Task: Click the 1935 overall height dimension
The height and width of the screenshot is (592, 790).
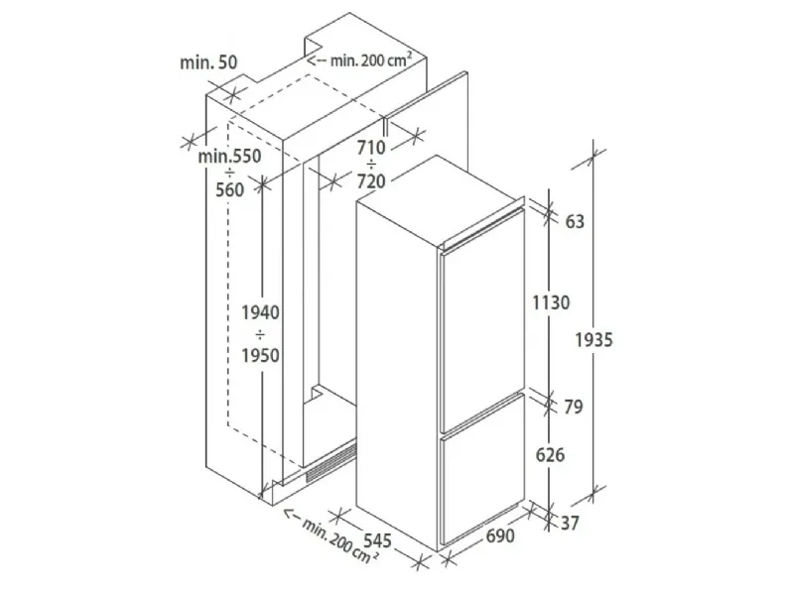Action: click(x=594, y=340)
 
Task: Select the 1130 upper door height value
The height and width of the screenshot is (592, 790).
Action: click(x=551, y=302)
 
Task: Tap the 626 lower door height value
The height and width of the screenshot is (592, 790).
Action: click(x=550, y=455)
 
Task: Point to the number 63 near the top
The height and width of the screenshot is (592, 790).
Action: click(x=575, y=221)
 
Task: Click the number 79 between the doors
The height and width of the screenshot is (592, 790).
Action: click(x=574, y=407)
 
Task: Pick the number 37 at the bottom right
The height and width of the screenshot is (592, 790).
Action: click(x=570, y=523)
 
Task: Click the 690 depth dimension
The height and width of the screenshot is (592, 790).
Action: click(x=500, y=535)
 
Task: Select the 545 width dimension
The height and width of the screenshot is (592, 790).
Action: click(x=377, y=540)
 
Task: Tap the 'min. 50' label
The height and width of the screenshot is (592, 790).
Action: click(x=208, y=62)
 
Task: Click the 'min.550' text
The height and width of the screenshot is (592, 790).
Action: click(x=229, y=156)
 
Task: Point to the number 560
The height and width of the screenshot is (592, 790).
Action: click(x=229, y=189)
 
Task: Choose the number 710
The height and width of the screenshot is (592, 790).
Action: click(x=371, y=148)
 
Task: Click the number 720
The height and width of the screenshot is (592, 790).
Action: click(x=371, y=180)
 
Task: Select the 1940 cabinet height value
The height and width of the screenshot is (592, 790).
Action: click(x=260, y=312)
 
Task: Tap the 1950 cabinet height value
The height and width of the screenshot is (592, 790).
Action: click(x=260, y=355)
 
